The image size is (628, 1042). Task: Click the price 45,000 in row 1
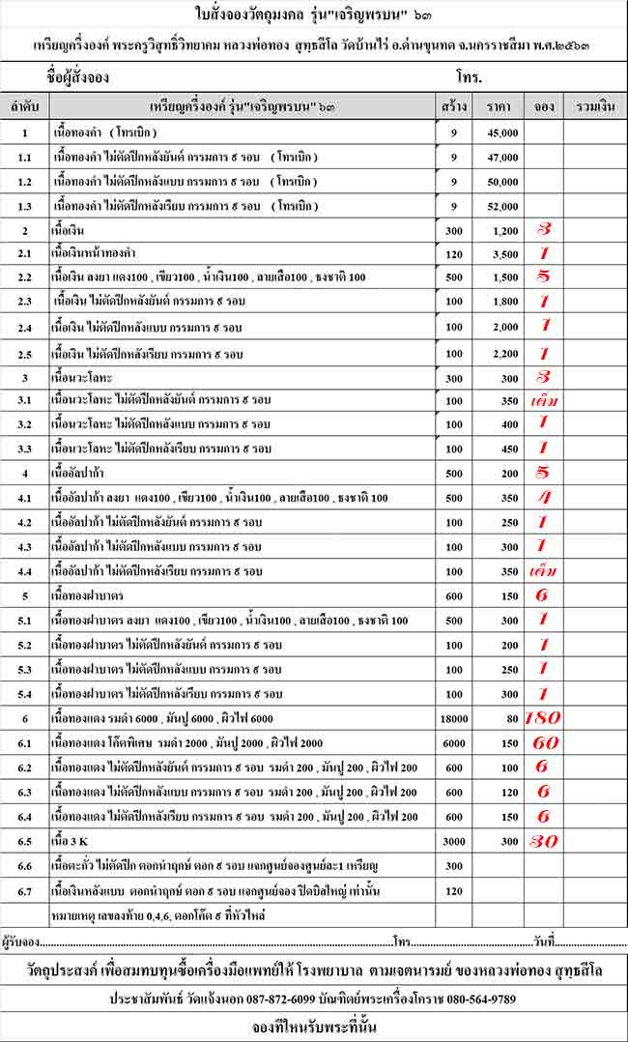point(502,132)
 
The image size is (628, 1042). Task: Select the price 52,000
point(502,205)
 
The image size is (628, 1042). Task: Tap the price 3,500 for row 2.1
point(502,253)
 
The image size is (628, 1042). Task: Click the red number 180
point(543,718)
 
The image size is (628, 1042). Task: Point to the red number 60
point(543,742)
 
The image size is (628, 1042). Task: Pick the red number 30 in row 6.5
point(543,840)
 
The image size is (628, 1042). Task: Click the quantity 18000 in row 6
point(454,718)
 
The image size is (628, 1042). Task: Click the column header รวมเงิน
point(594,105)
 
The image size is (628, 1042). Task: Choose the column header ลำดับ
point(24,105)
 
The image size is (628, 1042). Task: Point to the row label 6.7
point(24,888)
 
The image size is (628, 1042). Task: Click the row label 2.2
point(24,278)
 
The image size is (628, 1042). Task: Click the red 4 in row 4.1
point(543,498)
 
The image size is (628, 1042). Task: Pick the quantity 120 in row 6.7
point(454,888)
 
